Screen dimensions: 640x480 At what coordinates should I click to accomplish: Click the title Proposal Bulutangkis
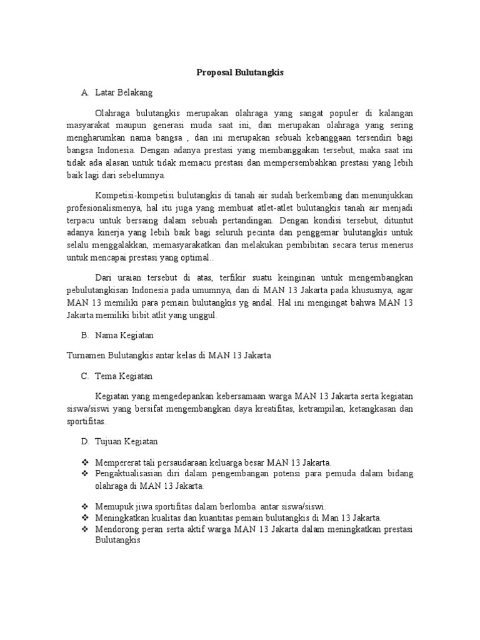point(240,72)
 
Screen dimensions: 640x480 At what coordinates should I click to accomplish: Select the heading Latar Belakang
point(124,92)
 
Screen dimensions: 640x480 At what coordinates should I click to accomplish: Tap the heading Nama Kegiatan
point(124,336)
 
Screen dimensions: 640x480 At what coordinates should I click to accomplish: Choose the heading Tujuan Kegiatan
point(126,441)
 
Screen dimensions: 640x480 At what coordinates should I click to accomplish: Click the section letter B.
point(84,336)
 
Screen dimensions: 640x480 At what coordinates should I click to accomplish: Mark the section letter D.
point(84,441)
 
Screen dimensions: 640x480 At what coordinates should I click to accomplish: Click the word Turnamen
point(86,356)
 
